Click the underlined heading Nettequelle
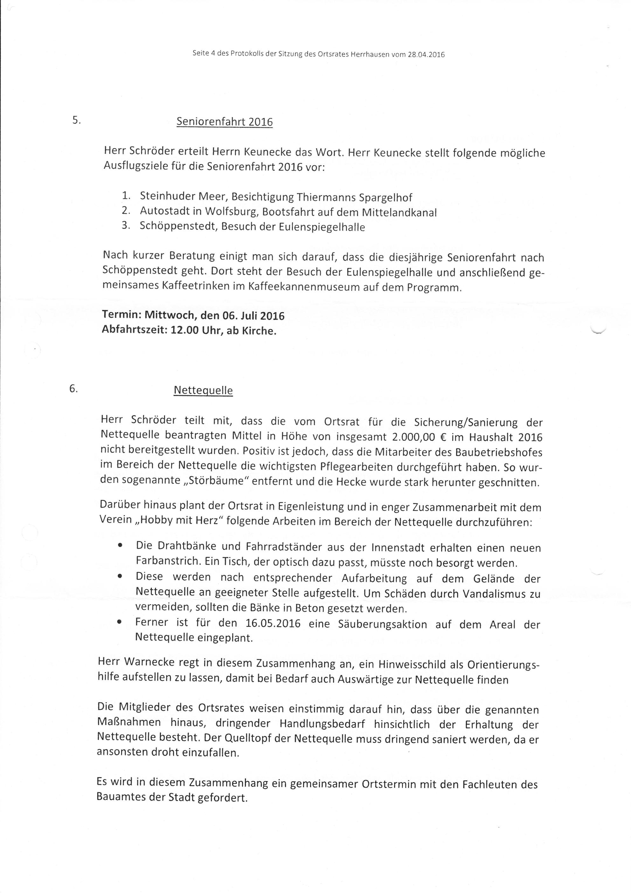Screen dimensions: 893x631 (x=203, y=390)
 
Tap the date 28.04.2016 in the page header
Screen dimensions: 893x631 (x=426, y=55)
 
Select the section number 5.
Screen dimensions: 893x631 (x=76, y=120)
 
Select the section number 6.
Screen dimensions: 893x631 (x=73, y=389)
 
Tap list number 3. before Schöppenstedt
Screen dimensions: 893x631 (x=125, y=226)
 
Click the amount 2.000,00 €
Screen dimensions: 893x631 (x=419, y=437)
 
